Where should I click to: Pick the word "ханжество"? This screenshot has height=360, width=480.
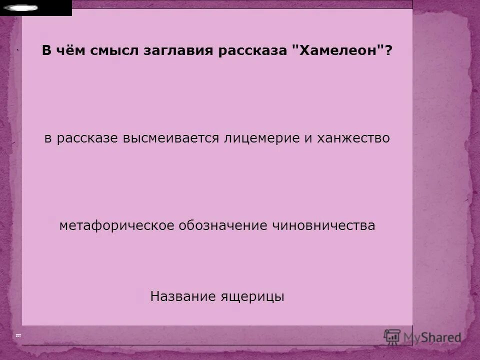click(353, 138)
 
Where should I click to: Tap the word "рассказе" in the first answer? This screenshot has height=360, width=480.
click(87, 138)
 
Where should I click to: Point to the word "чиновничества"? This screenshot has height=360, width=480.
click(323, 225)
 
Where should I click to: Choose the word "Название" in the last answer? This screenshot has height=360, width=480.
click(182, 296)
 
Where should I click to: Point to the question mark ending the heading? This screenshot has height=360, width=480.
click(388, 51)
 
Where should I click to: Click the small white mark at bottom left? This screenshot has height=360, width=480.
click(18, 335)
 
